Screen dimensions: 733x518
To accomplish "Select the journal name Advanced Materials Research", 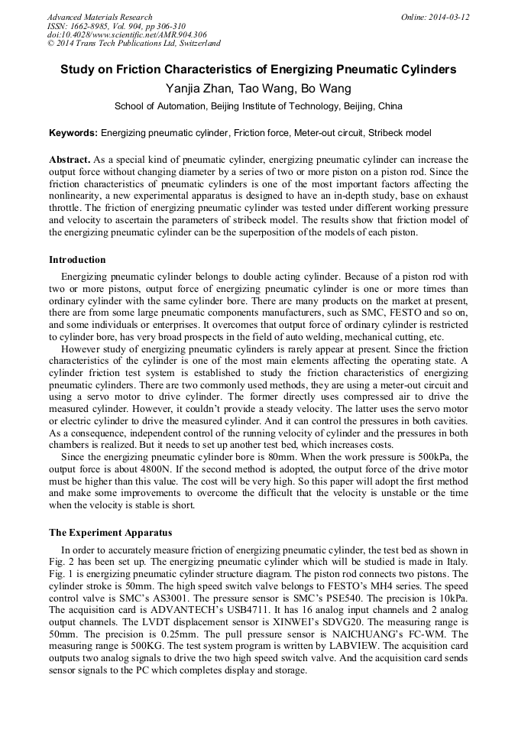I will click(100, 17).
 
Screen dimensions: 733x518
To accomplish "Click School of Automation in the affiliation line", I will click(160, 106).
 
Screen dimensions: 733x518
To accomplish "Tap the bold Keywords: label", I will click(73, 133).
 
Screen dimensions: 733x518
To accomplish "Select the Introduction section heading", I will click(77, 260).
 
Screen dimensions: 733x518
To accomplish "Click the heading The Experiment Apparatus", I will click(110, 532).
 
